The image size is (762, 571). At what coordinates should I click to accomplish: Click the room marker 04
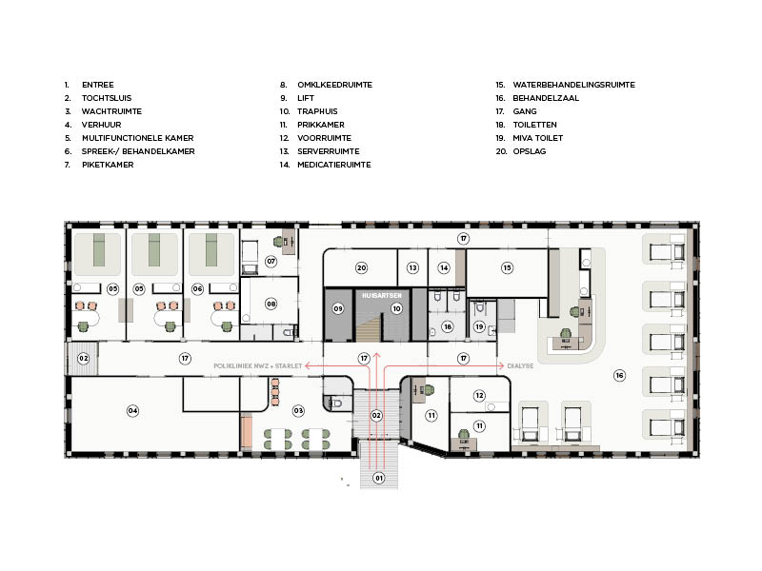pyautogui.click(x=132, y=411)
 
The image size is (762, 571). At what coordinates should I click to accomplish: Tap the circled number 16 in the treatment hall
pyautogui.click(x=619, y=375)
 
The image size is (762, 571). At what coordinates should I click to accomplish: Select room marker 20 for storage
pyautogui.click(x=361, y=267)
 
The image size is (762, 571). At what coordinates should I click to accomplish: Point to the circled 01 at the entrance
pyautogui.click(x=378, y=478)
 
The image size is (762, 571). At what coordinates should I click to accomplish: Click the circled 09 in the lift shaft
pyautogui.click(x=338, y=308)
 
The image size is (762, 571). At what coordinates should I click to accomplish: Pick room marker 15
pyautogui.click(x=507, y=267)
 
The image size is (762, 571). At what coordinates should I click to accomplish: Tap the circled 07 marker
pyautogui.click(x=271, y=261)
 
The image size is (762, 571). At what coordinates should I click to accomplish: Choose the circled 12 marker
pyautogui.click(x=479, y=395)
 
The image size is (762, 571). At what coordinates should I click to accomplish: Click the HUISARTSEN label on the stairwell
pyautogui.click(x=382, y=295)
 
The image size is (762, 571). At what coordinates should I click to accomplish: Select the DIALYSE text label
pyautogui.click(x=520, y=365)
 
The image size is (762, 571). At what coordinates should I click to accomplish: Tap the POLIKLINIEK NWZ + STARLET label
pyautogui.click(x=257, y=365)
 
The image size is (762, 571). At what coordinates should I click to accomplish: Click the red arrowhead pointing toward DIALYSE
pyautogui.click(x=501, y=365)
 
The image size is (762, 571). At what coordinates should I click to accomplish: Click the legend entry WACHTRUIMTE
pyautogui.click(x=111, y=111)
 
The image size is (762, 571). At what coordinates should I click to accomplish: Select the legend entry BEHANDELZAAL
pyautogui.click(x=546, y=98)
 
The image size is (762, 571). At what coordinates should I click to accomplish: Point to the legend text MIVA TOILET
pyautogui.click(x=538, y=138)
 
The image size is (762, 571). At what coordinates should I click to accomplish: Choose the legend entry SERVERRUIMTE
pyautogui.click(x=329, y=151)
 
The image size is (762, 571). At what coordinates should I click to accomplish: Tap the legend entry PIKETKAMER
pyautogui.click(x=108, y=165)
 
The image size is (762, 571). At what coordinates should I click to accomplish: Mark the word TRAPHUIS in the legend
pyautogui.click(x=317, y=111)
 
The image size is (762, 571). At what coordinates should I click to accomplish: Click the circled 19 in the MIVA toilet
pyautogui.click(x=479, y=326)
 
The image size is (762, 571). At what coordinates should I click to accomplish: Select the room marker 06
pyautogui.click(x=197, y=289)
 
